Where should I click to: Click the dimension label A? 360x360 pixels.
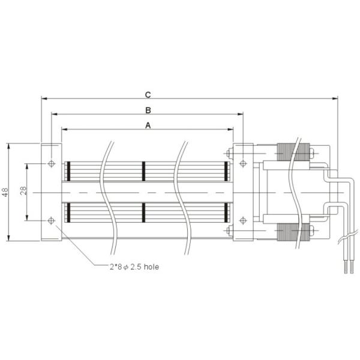click(148, 124)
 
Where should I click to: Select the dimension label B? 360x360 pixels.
click(148, 109)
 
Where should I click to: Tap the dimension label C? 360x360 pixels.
click(148, 94)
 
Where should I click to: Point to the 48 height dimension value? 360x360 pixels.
click(5, 192)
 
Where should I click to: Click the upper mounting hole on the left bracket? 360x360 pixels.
click(51, 164)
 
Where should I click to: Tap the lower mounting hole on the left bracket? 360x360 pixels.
click(51, 220)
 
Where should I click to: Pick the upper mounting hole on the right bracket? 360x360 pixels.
click(243, 164)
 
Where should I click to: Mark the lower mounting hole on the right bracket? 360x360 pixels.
click(243, 220)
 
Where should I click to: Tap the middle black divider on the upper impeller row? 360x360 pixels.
click(144, 170)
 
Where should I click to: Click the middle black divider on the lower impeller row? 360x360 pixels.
click(144, 213)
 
